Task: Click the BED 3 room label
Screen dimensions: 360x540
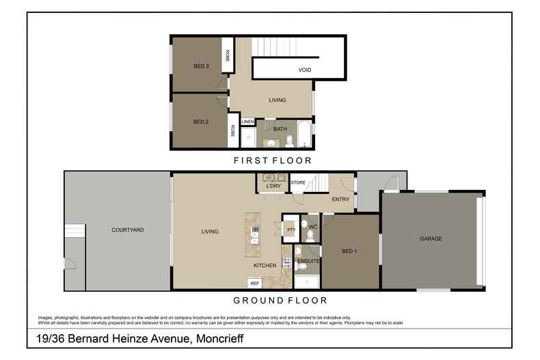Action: tap(200, 66)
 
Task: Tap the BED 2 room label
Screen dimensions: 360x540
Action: tap(200, 122)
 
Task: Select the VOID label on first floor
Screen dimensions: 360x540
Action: tap(305, 70)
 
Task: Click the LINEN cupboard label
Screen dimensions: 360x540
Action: tap(247, 122)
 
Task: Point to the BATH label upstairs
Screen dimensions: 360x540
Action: tap(280, 128)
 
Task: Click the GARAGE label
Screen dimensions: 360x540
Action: tap(431, 238)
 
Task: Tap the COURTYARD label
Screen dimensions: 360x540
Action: tap(127, 230)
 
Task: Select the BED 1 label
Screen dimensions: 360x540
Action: tap(349, 251)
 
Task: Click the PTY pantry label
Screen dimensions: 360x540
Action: tap(291, 230)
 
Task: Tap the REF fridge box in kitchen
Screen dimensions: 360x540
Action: tap(255, 283)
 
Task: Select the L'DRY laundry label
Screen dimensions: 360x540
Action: tap(273, 186)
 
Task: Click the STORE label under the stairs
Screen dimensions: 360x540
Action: tap(298, 182)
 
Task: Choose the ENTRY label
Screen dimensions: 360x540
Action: tap(340, 199)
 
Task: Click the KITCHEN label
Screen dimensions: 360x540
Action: tap(265, 265)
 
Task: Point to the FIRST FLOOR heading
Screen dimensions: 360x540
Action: tap(271, 161)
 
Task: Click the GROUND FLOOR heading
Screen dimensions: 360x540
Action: tap(280, 300)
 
